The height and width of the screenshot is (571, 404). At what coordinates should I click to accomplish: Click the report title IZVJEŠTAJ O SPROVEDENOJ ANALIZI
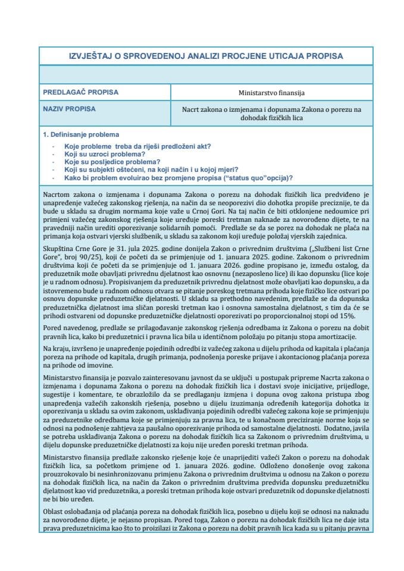click(x=206, y=56)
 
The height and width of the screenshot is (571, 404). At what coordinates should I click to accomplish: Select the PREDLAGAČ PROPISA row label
click(x=81, y=92)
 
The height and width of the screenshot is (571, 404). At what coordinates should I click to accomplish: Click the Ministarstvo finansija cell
click(x=272, y=93)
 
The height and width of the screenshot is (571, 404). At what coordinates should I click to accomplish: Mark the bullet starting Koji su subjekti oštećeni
click(x=150, y=170)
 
